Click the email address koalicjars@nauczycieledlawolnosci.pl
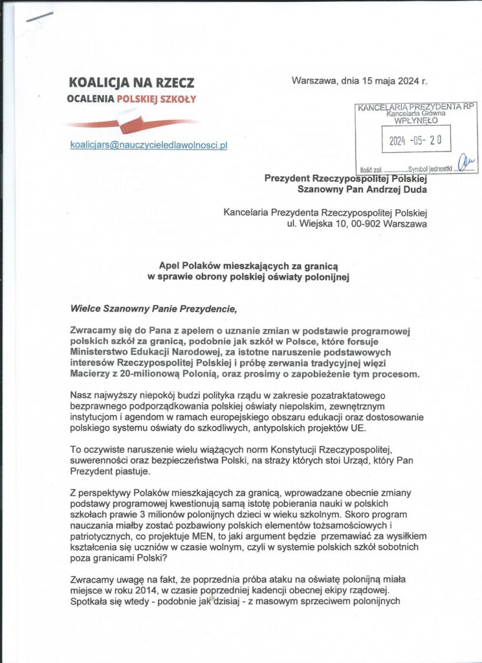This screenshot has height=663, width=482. coord(148,146)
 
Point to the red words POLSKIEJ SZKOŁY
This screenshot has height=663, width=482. coord(155,99)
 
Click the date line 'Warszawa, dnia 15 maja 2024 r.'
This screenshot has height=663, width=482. coord(359,82)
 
